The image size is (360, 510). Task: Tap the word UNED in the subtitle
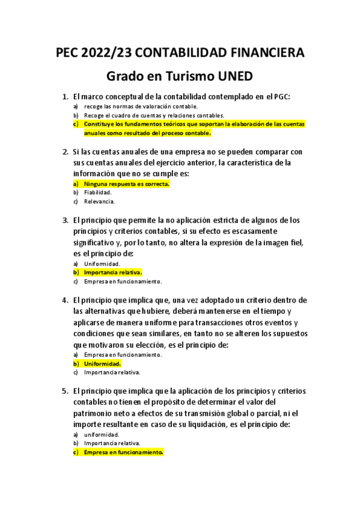coord(230,77)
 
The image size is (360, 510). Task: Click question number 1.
coord(66,96)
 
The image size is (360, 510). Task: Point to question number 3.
coord(66,221)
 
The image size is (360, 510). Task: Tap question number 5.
coord(66,391)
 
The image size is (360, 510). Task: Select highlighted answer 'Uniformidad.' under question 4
coord(103,364)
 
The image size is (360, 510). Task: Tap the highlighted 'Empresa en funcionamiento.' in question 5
coord(124,452)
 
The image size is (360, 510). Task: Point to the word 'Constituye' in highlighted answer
coord(99,124)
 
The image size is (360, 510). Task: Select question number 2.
coord(66,152)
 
